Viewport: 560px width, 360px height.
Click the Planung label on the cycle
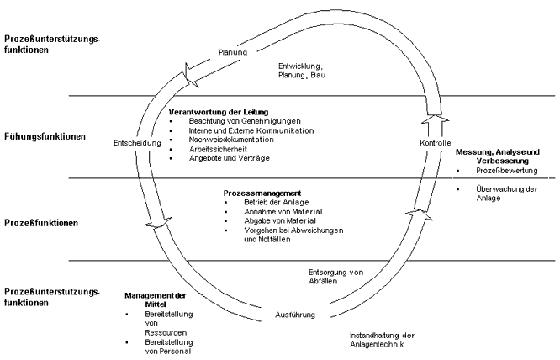[x=232, y=52]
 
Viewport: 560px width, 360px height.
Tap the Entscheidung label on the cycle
[x=135, y=144]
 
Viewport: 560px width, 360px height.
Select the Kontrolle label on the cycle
[x=436, y=144]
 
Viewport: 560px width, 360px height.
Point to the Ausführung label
[x=295, y=315]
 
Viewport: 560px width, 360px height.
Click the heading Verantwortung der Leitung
[x=217, y=111]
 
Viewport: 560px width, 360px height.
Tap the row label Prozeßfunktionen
[x=41, y=223]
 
